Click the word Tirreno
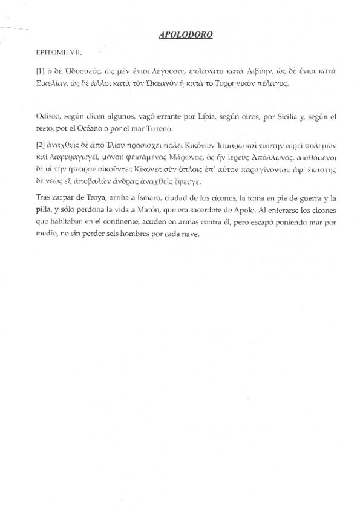point(160,128)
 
